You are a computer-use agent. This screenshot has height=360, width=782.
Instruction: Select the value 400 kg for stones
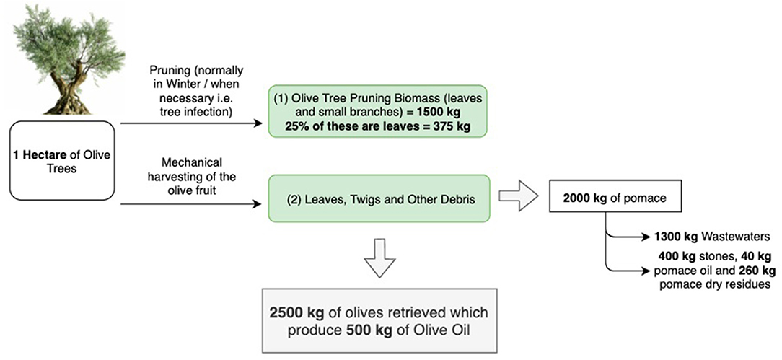pyautogui.click(x=672, y=256)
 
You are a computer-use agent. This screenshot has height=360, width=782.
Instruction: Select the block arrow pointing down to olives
pyautogui.click(x=379, y=254)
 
